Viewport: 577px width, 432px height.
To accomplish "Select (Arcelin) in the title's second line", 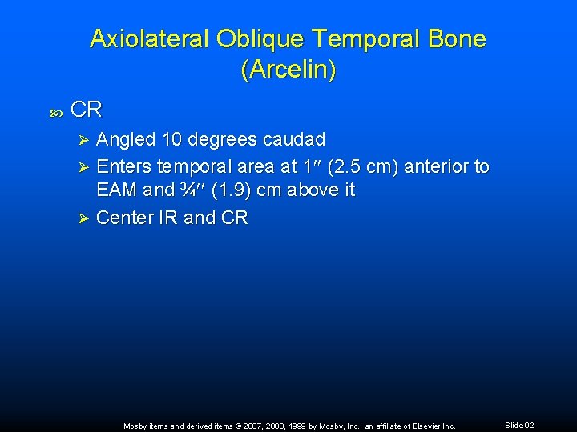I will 288,70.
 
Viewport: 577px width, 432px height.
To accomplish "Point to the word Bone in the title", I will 455,39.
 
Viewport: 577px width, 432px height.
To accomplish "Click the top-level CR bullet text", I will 87,110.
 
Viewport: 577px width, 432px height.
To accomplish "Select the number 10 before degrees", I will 171,140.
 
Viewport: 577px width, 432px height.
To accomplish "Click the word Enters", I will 123,166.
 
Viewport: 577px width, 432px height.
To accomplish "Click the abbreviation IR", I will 168,218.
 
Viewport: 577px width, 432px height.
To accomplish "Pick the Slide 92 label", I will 518,425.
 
